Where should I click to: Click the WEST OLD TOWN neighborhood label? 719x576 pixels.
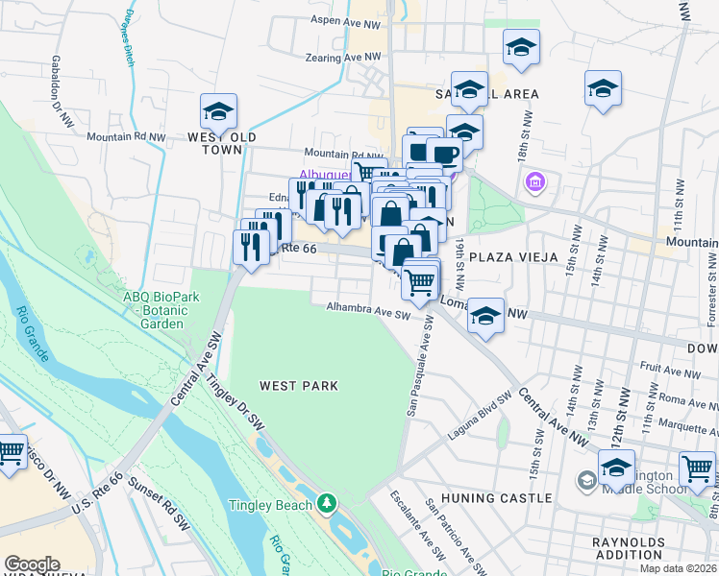tap(221, 144)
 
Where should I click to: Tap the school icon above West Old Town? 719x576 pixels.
tap(218, 111)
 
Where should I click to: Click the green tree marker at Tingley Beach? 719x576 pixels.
tap(327, 503)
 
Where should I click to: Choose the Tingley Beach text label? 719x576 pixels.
tap(270, 505)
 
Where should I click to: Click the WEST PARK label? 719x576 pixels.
tap(298, 386)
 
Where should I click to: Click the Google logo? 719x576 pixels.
tap(32, 564)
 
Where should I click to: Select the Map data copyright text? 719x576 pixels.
tap(678, 568)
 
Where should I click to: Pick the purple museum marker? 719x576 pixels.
tap(535, 181)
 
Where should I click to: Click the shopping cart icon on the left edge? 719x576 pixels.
tap(10, 451)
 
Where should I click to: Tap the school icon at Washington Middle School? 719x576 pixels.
tap(616, 468)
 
